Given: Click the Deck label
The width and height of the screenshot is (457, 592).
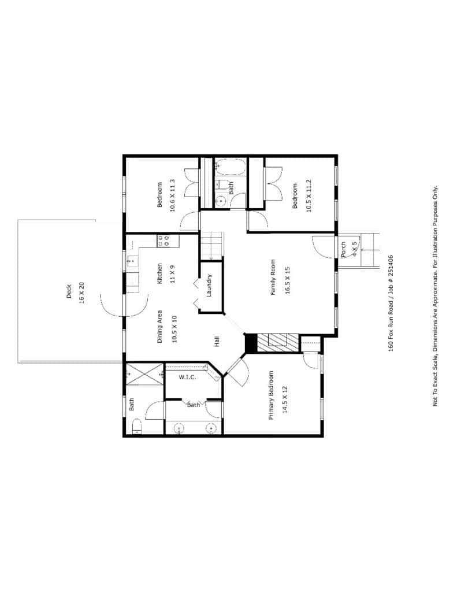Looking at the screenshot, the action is pos(69,291).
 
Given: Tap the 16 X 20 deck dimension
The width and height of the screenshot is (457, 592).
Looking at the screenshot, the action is pos(81,293).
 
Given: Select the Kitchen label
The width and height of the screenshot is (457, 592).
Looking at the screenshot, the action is pos(159,273).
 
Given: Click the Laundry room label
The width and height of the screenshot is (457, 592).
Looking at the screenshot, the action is pos(210,285).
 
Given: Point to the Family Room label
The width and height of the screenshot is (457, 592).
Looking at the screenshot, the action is pos(273,277).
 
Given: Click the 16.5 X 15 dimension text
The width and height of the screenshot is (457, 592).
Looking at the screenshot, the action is pos(288,280).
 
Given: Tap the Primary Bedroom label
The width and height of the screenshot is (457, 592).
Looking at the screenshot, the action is pos(271,395).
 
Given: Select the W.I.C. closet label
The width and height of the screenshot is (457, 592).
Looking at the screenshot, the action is pos(187,377).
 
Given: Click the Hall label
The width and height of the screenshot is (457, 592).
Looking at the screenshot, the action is pos(217,342).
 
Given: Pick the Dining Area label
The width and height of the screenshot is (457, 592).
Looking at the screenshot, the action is pos(159,327).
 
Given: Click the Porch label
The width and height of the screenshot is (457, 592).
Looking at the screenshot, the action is pos(343,250).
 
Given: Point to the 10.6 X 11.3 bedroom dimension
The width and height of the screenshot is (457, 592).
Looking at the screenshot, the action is pos(173,195).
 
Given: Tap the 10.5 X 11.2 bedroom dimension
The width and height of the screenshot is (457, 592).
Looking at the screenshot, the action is pos(309,195).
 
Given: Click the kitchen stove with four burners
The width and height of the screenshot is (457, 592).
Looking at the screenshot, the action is pos(163,240).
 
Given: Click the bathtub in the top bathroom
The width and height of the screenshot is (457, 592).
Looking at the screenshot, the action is pos(231,166).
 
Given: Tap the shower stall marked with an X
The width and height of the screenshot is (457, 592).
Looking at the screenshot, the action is pos(144,374).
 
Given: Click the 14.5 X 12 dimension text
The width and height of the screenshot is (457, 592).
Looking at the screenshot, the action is pos(285,399).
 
